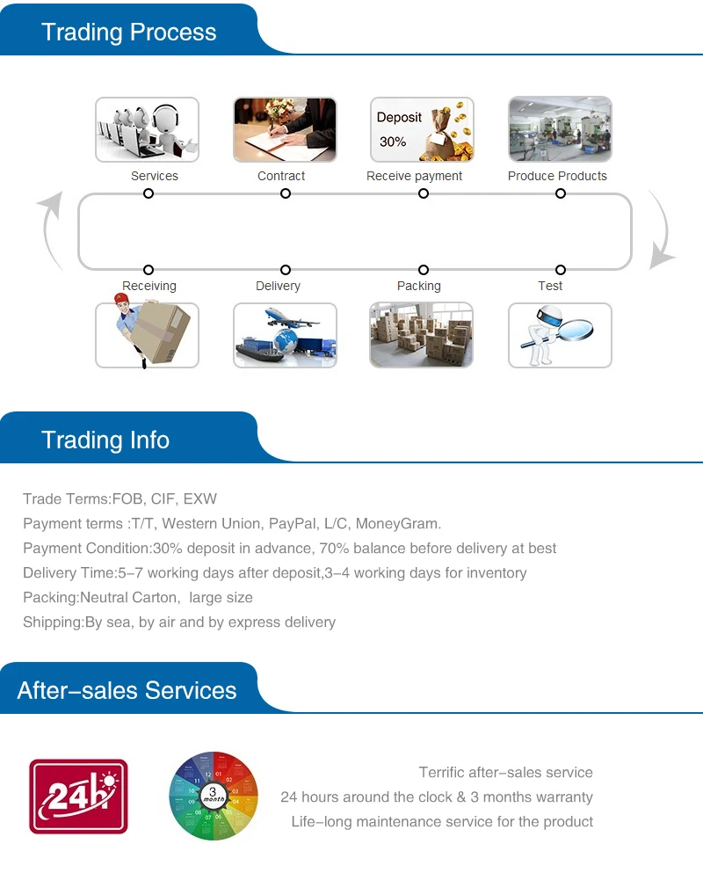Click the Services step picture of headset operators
(147, 129)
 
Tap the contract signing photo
(285, 129)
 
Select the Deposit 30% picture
(422, 129)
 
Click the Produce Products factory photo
(560, 129)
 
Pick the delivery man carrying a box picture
(147, 335)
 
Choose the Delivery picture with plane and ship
(285, 335)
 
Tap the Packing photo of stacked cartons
(422, 335)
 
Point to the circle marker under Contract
(286, 193)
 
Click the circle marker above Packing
(424, 270)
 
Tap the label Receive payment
(414, 176)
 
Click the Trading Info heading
(105, 440)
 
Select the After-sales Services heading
(127, 690)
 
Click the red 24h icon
(78, 797)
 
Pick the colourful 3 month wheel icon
(214, 797)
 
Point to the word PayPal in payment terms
(292, 524)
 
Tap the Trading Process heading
(128, 33)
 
